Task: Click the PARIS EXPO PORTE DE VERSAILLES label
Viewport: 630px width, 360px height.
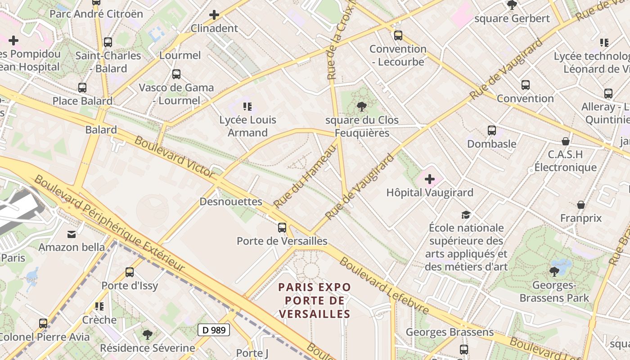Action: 314,301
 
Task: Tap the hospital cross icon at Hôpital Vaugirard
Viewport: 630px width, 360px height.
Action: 430,180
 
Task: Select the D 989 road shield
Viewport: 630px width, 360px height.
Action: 214,330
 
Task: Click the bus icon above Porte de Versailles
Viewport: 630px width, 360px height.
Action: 282,228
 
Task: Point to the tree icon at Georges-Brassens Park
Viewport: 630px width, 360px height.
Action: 554,271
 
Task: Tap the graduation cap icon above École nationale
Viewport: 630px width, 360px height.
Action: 466,215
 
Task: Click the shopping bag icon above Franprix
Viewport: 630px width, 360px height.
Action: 581,205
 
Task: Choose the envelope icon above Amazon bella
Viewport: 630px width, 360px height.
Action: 72,234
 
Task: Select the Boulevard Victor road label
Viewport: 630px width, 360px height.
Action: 175,157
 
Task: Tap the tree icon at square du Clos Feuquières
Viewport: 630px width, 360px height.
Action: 361,107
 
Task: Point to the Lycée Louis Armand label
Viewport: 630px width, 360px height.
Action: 247,126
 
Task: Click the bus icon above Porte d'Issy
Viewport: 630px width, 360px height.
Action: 130,272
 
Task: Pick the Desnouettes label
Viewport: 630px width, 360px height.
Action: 231,202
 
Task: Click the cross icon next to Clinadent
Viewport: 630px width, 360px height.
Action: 214,15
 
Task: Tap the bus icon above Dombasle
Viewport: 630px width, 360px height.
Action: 492,130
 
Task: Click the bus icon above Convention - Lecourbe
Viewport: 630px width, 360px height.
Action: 398,35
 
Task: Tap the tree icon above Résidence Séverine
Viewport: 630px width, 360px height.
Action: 147,334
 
